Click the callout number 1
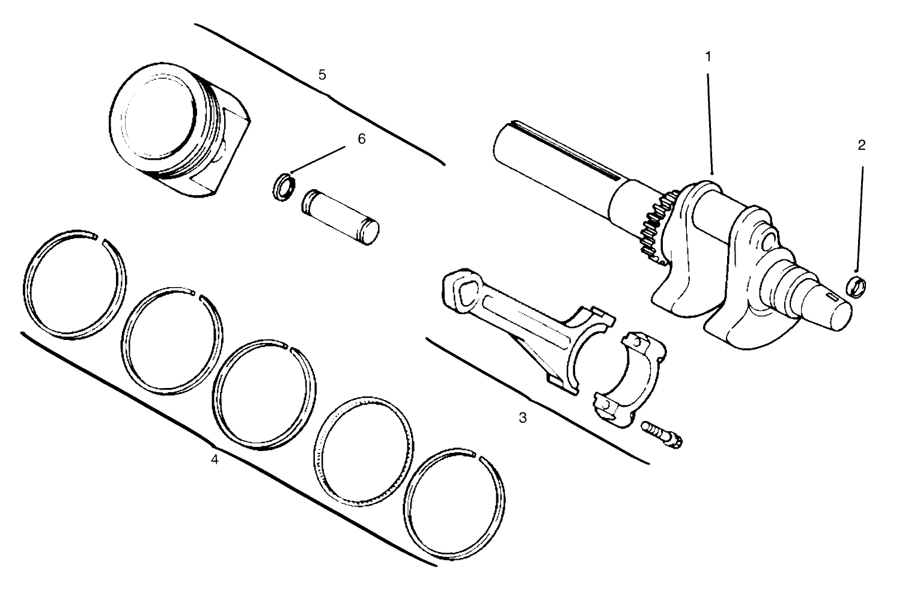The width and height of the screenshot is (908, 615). (x=708, y=56)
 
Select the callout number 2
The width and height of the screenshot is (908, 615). (x=862, y=145)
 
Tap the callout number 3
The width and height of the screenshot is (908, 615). (x=523, y=417)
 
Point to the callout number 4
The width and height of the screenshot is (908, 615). (x=214, y=460)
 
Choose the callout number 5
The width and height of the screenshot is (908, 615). (x=322, y=74)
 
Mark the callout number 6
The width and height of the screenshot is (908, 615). (x=361, y=139)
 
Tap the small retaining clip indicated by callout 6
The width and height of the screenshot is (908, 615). (x=282, y=187)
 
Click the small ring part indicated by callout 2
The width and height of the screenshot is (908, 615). (x=856, y=286)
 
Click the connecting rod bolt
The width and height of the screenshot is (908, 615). (x=663, y=434)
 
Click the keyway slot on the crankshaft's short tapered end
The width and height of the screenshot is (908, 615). (x=833, y=298)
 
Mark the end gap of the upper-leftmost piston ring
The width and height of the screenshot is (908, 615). (x=100, y=240)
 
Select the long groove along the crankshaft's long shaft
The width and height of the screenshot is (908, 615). (x=571, y=150)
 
